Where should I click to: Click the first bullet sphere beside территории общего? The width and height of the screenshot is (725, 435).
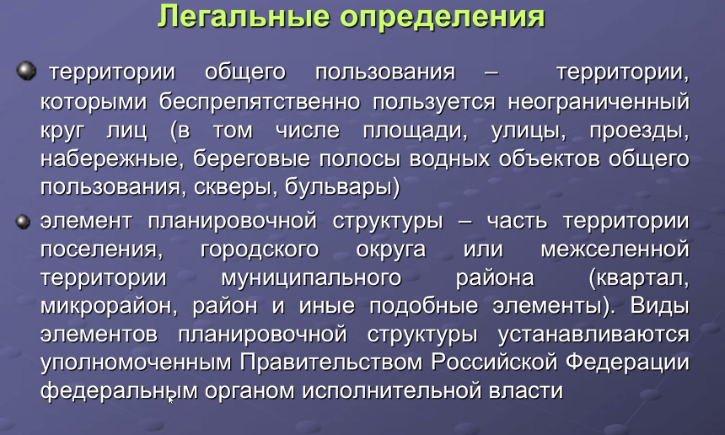click(26, 71)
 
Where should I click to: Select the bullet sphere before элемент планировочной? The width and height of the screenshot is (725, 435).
click(23, 222)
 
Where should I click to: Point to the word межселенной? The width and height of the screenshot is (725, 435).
click(615, 250)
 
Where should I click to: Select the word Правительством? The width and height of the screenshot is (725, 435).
click(331, 362)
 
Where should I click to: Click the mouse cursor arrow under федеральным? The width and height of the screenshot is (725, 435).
click(170, 400)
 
